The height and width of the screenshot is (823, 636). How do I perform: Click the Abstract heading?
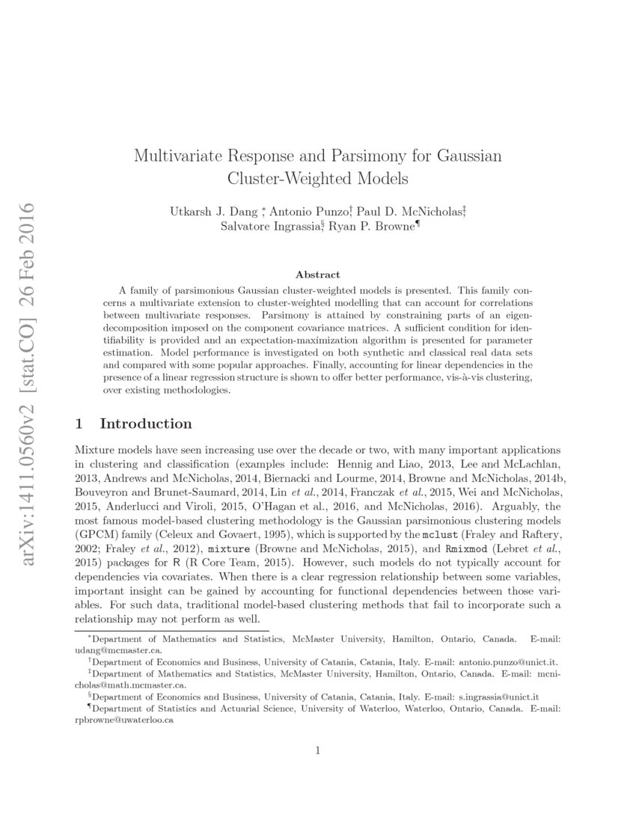click(317, 275)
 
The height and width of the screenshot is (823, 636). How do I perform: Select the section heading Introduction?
click(146, 423)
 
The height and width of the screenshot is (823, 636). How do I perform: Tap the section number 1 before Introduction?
click(80, 423)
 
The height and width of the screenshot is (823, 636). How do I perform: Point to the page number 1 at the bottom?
click(318, 751)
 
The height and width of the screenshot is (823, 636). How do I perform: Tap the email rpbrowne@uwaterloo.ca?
click(125, 720)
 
